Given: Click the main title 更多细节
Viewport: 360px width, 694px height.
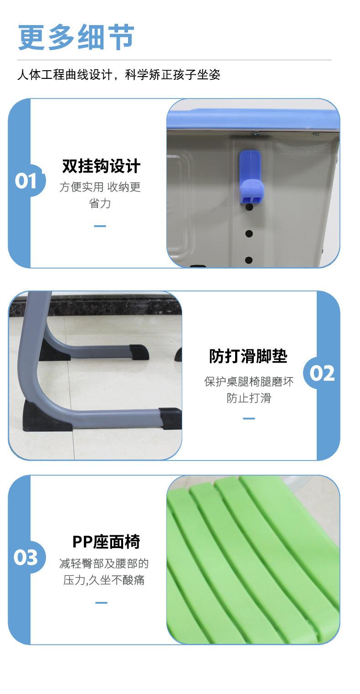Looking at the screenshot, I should click(76, 37).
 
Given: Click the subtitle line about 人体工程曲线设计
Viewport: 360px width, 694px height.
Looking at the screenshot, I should click(118, 74).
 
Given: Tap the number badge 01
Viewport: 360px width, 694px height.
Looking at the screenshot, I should click(26, 181).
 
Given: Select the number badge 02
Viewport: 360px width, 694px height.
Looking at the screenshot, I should click(322, 373).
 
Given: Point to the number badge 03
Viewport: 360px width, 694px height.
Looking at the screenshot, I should click(26, 557).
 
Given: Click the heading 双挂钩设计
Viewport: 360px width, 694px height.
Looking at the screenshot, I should click(101, 166).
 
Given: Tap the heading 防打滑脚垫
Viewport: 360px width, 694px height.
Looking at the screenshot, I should click(248, 356).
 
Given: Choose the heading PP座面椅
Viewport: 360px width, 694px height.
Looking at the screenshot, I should click(106, 542).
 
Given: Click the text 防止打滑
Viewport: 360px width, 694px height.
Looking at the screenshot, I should click(249, 398).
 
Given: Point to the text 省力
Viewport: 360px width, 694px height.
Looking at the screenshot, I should click(100, 203).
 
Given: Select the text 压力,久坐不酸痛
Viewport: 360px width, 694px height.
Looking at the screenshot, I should click(104, 580).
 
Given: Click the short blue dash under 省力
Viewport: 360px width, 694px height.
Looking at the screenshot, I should click(100, 226).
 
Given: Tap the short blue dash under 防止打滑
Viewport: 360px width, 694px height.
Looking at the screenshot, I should click(249, 418).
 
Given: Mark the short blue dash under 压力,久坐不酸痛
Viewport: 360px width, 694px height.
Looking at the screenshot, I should click(101, 602).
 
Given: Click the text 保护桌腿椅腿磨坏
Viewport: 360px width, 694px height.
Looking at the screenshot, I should click(249, 381).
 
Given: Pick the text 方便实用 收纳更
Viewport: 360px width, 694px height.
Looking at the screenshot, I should click(100, 187).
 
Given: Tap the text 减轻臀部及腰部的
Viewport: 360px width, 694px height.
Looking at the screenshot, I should click(104, 564).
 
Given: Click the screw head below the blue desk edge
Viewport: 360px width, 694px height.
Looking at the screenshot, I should click(255, 134).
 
